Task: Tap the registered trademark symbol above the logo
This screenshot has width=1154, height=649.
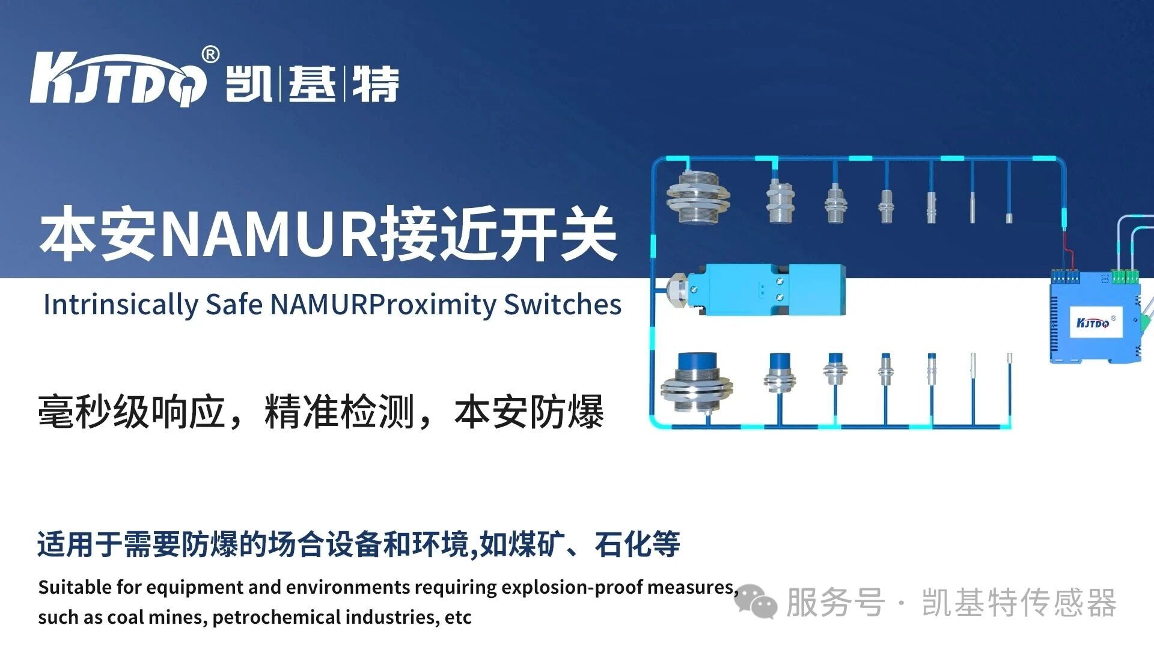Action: [x=210, y=55]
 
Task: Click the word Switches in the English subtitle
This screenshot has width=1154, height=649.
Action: [x=562, y=305]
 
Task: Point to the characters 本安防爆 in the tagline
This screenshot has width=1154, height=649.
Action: [x=529, y=412]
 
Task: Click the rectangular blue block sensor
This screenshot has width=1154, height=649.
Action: [x=775, y=290]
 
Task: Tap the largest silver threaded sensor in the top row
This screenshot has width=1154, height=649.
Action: [x=698, y=197]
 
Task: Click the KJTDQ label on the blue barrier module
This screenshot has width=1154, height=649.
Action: [x=1092, y=323]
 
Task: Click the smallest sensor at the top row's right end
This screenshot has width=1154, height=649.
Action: [x=1009, y=218]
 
